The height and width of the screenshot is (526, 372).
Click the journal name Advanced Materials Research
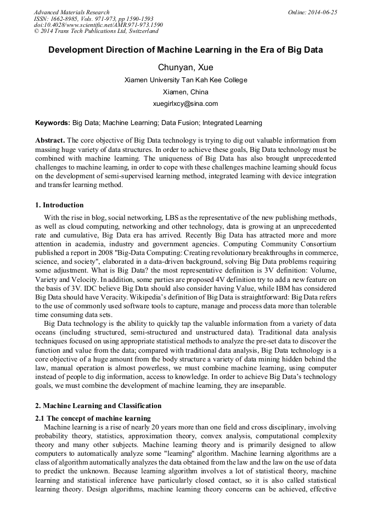click(x=71, y=12)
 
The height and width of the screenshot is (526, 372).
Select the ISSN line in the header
click(x=94, y=19)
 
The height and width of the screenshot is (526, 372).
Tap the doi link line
click(x=98, y=25)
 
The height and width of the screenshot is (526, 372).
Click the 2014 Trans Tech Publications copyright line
click(x=96, y=31)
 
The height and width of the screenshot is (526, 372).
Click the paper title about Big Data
click(x=185, y=50)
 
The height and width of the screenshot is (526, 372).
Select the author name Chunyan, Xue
click(x=185, y=67)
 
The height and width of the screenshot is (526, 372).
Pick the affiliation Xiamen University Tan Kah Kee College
click(x=185, y=80)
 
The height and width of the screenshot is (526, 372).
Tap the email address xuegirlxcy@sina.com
click(x=185, y=103)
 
